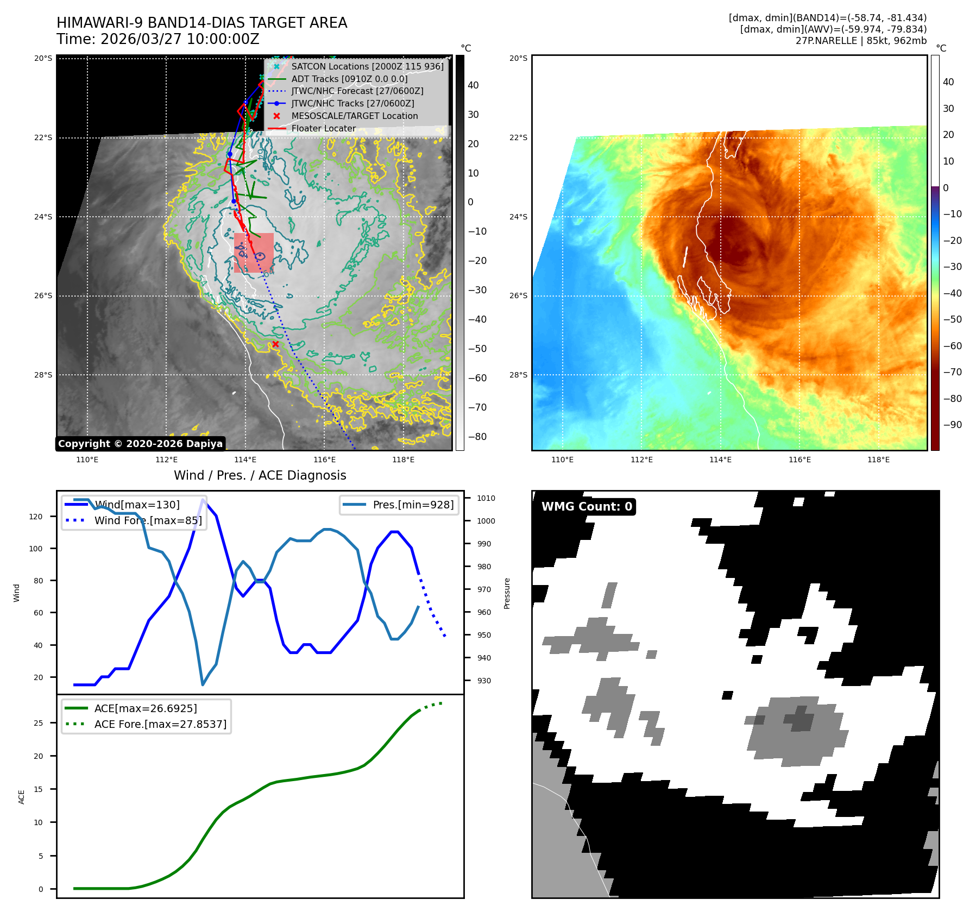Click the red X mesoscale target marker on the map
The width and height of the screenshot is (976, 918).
click(x=275, y=344)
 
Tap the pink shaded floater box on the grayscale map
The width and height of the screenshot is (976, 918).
click(x=254, y=253)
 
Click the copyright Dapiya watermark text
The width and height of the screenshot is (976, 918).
click(x=140, y=444)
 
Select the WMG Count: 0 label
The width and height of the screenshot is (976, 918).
click(x=587, y=506)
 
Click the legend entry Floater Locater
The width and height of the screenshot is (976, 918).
click(x=323, y=129)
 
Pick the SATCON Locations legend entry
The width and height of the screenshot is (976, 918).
click(x=367, y=66)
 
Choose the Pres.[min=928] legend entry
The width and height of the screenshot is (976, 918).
click(x=413, y=505)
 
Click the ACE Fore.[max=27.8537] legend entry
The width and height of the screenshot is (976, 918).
click(x=160, y=724)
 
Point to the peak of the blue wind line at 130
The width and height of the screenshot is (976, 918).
click(x=203, y=499)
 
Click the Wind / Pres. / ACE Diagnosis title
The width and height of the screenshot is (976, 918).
click(x=260, y=475)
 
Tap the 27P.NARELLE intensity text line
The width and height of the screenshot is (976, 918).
click(x=861, y=41)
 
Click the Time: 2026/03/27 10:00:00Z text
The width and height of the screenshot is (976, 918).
click(x=158, y=39)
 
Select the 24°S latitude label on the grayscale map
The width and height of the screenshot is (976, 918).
click(x=43, y=217)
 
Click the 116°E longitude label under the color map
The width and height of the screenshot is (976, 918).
click(x=799, y=460)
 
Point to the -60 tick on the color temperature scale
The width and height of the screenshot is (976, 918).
click(x=952, y=345)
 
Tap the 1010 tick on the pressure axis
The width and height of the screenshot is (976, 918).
click(x=486, y=498)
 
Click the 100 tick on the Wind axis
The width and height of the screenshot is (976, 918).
click(x=36, y=549)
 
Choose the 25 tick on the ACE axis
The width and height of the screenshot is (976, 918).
click(x=38, y=723)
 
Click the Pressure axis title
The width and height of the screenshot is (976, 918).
click(x=507, y=593)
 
